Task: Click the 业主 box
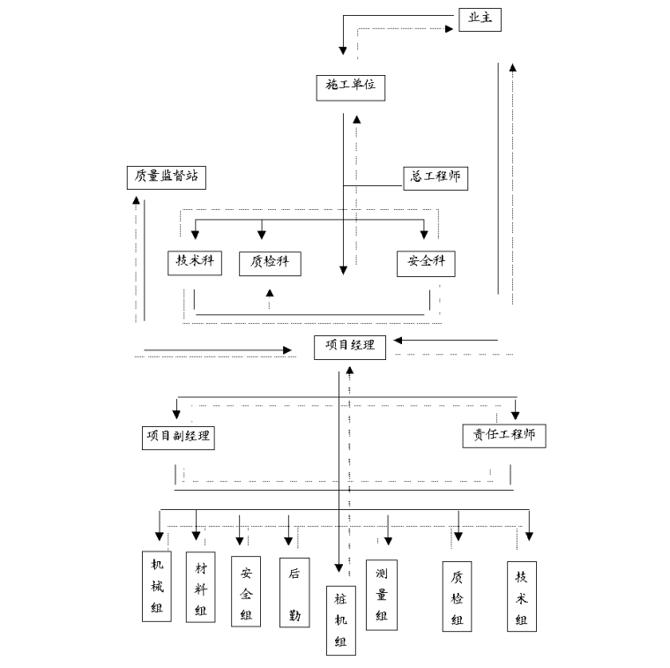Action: pos(480,19)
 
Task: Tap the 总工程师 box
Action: pos(435,177)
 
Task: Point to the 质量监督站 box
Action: pos(166,176)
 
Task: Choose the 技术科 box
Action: pos(194,262)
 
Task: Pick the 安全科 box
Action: pos(426,262)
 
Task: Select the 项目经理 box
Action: pos(350,346)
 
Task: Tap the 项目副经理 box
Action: pos(178,435)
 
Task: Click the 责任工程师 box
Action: pos(504,435)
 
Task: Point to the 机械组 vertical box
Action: pos(157,586)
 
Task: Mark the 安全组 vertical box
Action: pos(246,591)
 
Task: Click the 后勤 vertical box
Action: pos(294,591)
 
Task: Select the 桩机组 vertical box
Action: pos(340,620)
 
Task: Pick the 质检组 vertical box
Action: pos(457,598)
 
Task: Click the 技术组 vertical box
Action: pos(522,597)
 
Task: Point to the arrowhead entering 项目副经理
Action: pos(178,413)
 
